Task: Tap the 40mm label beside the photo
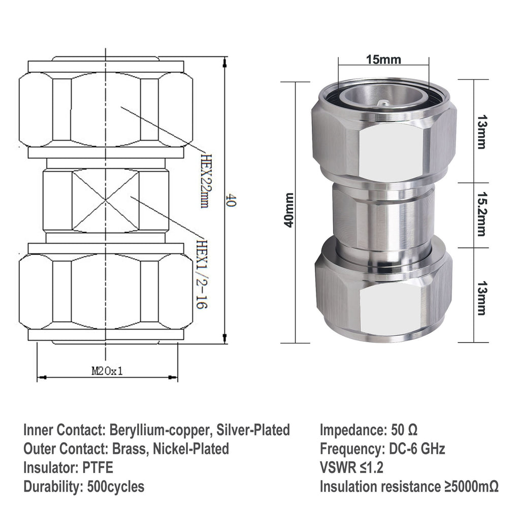pyautogui.click(x=289, y=210)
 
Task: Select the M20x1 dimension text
pyautogui.click(x=107, y=371)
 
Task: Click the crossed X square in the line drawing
pyautogui.click(x=105, y=201)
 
